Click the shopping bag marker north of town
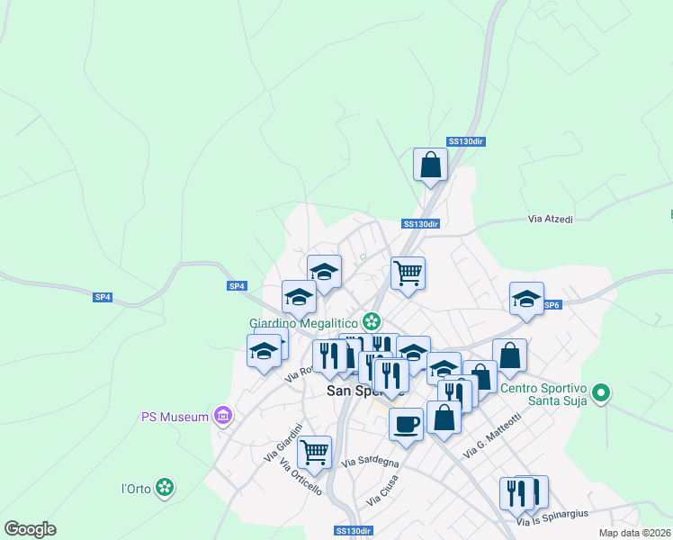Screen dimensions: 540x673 431,165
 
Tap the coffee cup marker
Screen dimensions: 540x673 406,423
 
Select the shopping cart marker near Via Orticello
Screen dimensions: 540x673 314,452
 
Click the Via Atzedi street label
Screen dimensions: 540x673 550,219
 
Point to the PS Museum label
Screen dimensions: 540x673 175,416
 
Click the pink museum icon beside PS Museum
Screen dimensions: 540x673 224,416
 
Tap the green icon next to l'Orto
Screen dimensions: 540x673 165,488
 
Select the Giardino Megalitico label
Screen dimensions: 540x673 304,322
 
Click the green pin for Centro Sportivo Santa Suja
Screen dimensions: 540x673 603,393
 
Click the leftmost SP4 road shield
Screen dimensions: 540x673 103,297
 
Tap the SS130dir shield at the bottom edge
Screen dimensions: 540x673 353,531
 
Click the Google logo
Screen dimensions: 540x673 30,529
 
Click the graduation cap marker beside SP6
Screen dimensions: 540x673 526,299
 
